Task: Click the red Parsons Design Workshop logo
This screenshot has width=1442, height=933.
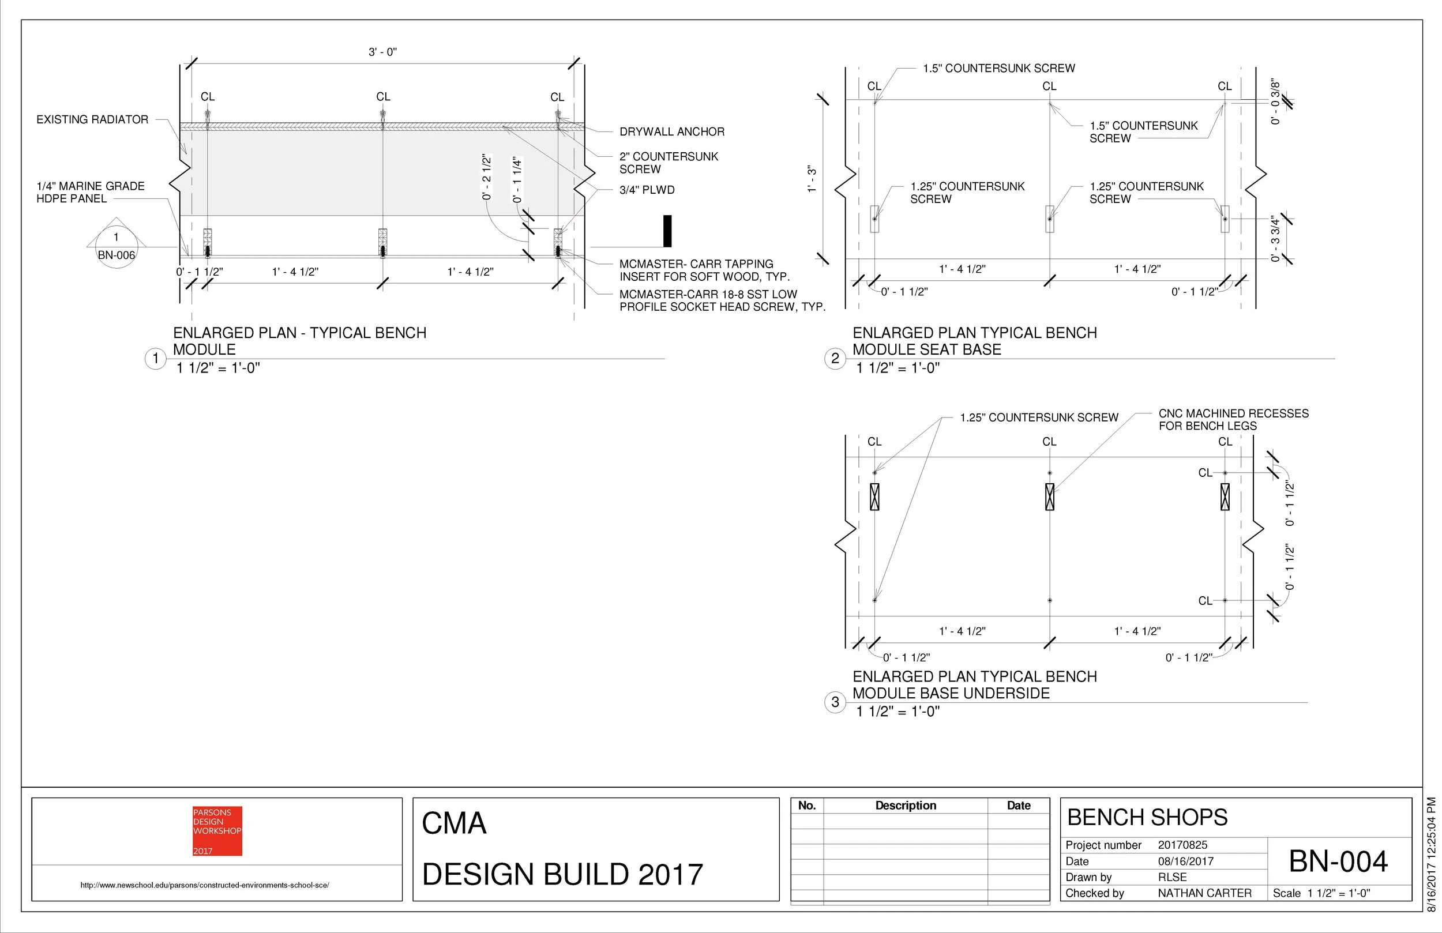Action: pyautogui.click(x=217, y=830)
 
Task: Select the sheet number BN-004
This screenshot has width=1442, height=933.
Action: pyautogui.click(x=1338, y=861)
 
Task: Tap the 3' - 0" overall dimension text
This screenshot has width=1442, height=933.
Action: pyautogui.click(x=382, y=52)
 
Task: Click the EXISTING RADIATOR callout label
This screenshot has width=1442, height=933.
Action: pyautogui.click(x=92, y=119)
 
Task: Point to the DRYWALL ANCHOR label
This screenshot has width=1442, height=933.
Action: pyautogui.click(x=671, y=131)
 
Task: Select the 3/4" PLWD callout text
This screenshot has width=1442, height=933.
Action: pyautogui.click(x=647, y=190)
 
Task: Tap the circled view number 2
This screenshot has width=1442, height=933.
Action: pyautogui.click(x=835, y=359)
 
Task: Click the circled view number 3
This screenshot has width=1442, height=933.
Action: pyautogui.click(x=835, y=702)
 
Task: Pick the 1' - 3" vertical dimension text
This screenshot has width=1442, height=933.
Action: pyautogui.click(x=812, y=180)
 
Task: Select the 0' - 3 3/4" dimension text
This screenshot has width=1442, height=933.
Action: pyautogui.click(x=1275, y=239)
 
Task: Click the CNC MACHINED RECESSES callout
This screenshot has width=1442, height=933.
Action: pyautogui.click(x=1233, y=419)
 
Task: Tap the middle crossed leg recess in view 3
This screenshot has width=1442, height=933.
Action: pyautogui.click(x=1049, y=497)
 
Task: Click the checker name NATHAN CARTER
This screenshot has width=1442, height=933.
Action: pyautogui.click(x=1204, y=893)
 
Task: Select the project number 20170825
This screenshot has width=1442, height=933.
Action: pyautogui.click(x=1182, y=845)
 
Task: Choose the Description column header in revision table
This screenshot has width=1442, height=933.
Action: pyautogui.click(x=905, y=805)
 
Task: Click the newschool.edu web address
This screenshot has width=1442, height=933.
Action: pyautogui.click(x=205, y=885)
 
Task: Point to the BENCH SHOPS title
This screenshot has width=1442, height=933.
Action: pyautogui.click(x=1147, y=817)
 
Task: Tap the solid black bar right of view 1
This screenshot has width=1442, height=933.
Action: pyautogui.click(x=667, y=231)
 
